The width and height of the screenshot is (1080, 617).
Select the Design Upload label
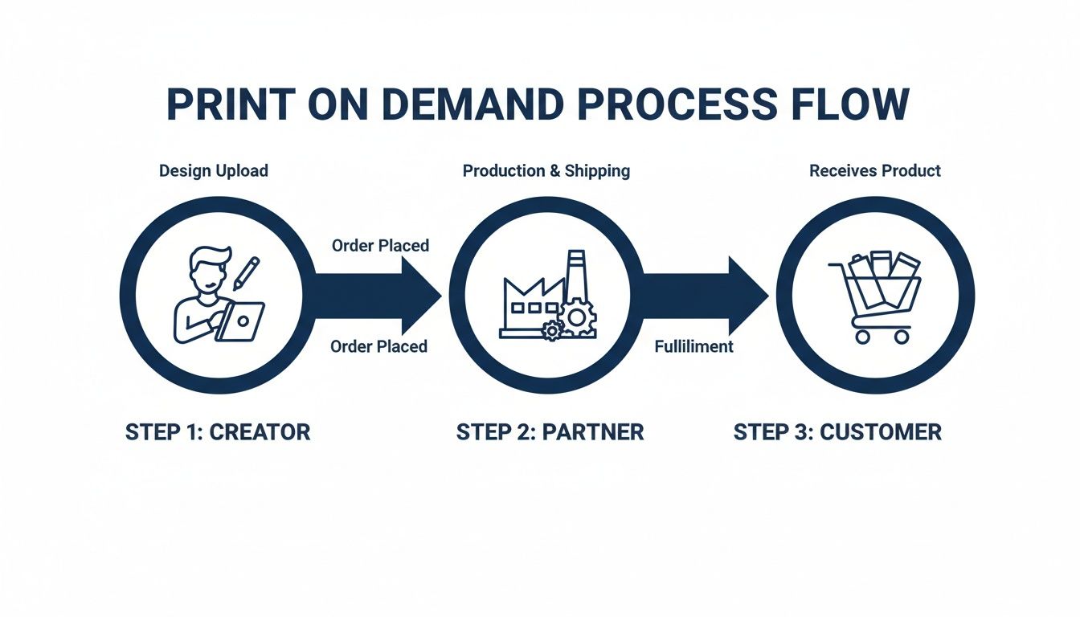pyautogui.click(x=213, y=171)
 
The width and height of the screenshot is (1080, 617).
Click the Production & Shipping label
pyautogui.click(x=546, y=171)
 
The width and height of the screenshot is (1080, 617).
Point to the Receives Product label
pyautogui.click(x=874, y=171)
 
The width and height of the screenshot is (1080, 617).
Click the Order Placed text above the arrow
pyautogui.click(x=380, y=245)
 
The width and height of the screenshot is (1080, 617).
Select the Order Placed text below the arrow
pyautogui.click(x=379, y=346)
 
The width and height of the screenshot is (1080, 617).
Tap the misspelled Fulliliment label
pyautogui.click(x=693, y=346)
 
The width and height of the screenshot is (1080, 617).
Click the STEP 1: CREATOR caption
pyautogui.click(x=217, y=432)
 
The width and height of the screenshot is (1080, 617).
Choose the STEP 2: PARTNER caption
pyautogui.click(x=550, y=432)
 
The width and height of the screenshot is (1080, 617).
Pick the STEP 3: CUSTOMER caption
pyautogui.click(x=837, y=432)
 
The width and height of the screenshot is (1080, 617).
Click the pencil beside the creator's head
pyautogui.click(x=246, y=273)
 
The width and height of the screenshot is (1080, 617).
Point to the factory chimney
pyautogui.click(x=575, y=278)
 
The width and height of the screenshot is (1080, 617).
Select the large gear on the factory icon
pyautogui.click(x=576, y=319)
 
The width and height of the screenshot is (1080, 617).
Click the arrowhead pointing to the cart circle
pyautogui.click(x=747, y=296)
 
